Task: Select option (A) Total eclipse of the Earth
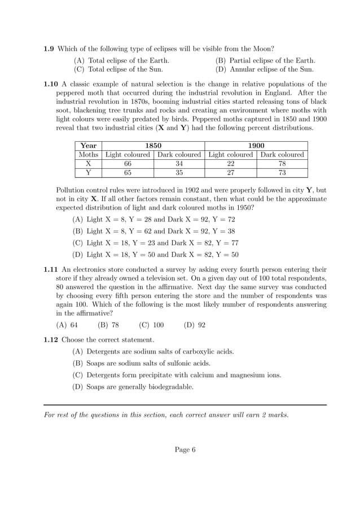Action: pyautogui.click(x=121, y=60)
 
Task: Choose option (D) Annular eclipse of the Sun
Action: pyautogui.click(x=264, y=69)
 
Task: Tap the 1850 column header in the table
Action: pyautogui.click(x=153, y=146)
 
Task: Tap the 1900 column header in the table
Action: pyautogui.click(x=256, y=146)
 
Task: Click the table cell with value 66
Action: pyautogui.click(x=128, y=164)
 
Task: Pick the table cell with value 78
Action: pyautogui.click(x=282, y=164)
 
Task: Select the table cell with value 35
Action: pyautogui.click(x=179, y=173)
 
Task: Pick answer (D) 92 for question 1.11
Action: pyautogui.click(x=195, y=325)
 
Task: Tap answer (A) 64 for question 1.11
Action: pyautogui.click(x=67, y=325)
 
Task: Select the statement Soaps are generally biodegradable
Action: pyautogui.click(x=133, y=387)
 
